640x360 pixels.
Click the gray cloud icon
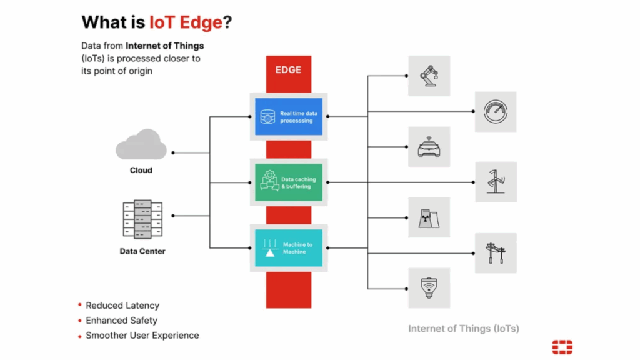141,144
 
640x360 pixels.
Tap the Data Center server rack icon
142,219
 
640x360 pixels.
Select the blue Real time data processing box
289,117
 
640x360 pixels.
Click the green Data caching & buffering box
289,182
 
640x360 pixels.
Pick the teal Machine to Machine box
289,248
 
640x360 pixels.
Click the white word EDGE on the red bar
288,70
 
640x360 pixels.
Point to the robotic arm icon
429,76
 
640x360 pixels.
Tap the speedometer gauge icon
496,111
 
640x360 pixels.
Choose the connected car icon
429,147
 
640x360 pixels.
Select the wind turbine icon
496,182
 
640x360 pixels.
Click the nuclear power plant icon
429,217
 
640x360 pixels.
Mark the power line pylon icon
496,253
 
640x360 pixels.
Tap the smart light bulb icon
429,288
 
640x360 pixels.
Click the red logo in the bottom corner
562,347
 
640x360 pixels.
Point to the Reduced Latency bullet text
122,306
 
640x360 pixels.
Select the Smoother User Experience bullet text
142,336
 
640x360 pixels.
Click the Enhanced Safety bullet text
122,321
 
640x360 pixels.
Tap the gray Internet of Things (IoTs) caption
464,329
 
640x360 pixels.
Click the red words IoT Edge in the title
186,22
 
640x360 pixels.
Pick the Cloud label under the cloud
141,170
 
